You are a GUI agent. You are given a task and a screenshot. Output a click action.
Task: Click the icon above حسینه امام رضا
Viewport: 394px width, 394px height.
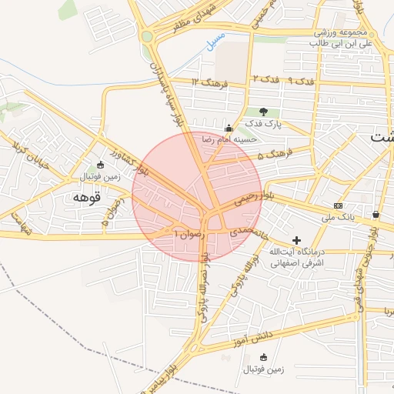[x=229, y=128]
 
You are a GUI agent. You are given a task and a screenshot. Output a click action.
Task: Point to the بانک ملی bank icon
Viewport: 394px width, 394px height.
[x=339, y=205]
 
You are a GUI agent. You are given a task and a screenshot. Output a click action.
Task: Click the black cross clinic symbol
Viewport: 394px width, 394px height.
[x=297, y=240]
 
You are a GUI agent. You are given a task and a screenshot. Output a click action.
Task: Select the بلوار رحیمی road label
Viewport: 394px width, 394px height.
[x=255, y=197]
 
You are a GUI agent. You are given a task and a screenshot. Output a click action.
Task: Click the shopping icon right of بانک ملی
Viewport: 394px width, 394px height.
[x=376, y=214]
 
